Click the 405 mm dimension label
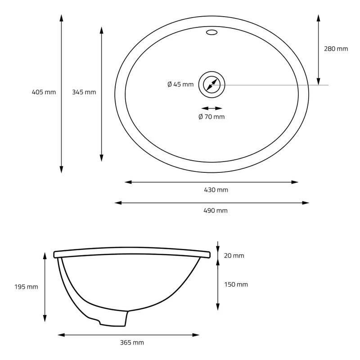pyautogui.click(x=44, y=92)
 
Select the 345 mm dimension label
pyautogui.click(x=84, y=92)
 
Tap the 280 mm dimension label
pyautogui.click(x=336, y=49)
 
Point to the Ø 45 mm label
pyautogui.click(x=180, y=84)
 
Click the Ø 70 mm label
pyautogui.click(x=211, y=117)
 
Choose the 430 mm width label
pyautogui.click(x=216, y=190)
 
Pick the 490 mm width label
pyautogui.click(x=216, y=211)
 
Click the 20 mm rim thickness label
pyautogui.click(x=234, y=256)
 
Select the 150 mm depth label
pyautogui.click(x=236, y=284)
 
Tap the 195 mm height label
pyautogui.click(x=26, y=287)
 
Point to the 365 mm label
pyautogui.click(x=132, y=343)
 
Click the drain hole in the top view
pyautogui.click(x=211, y=85)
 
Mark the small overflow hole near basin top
pyautogui.click(x=211, y=32)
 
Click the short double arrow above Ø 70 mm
pyautogui.click(x=211, y=108)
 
